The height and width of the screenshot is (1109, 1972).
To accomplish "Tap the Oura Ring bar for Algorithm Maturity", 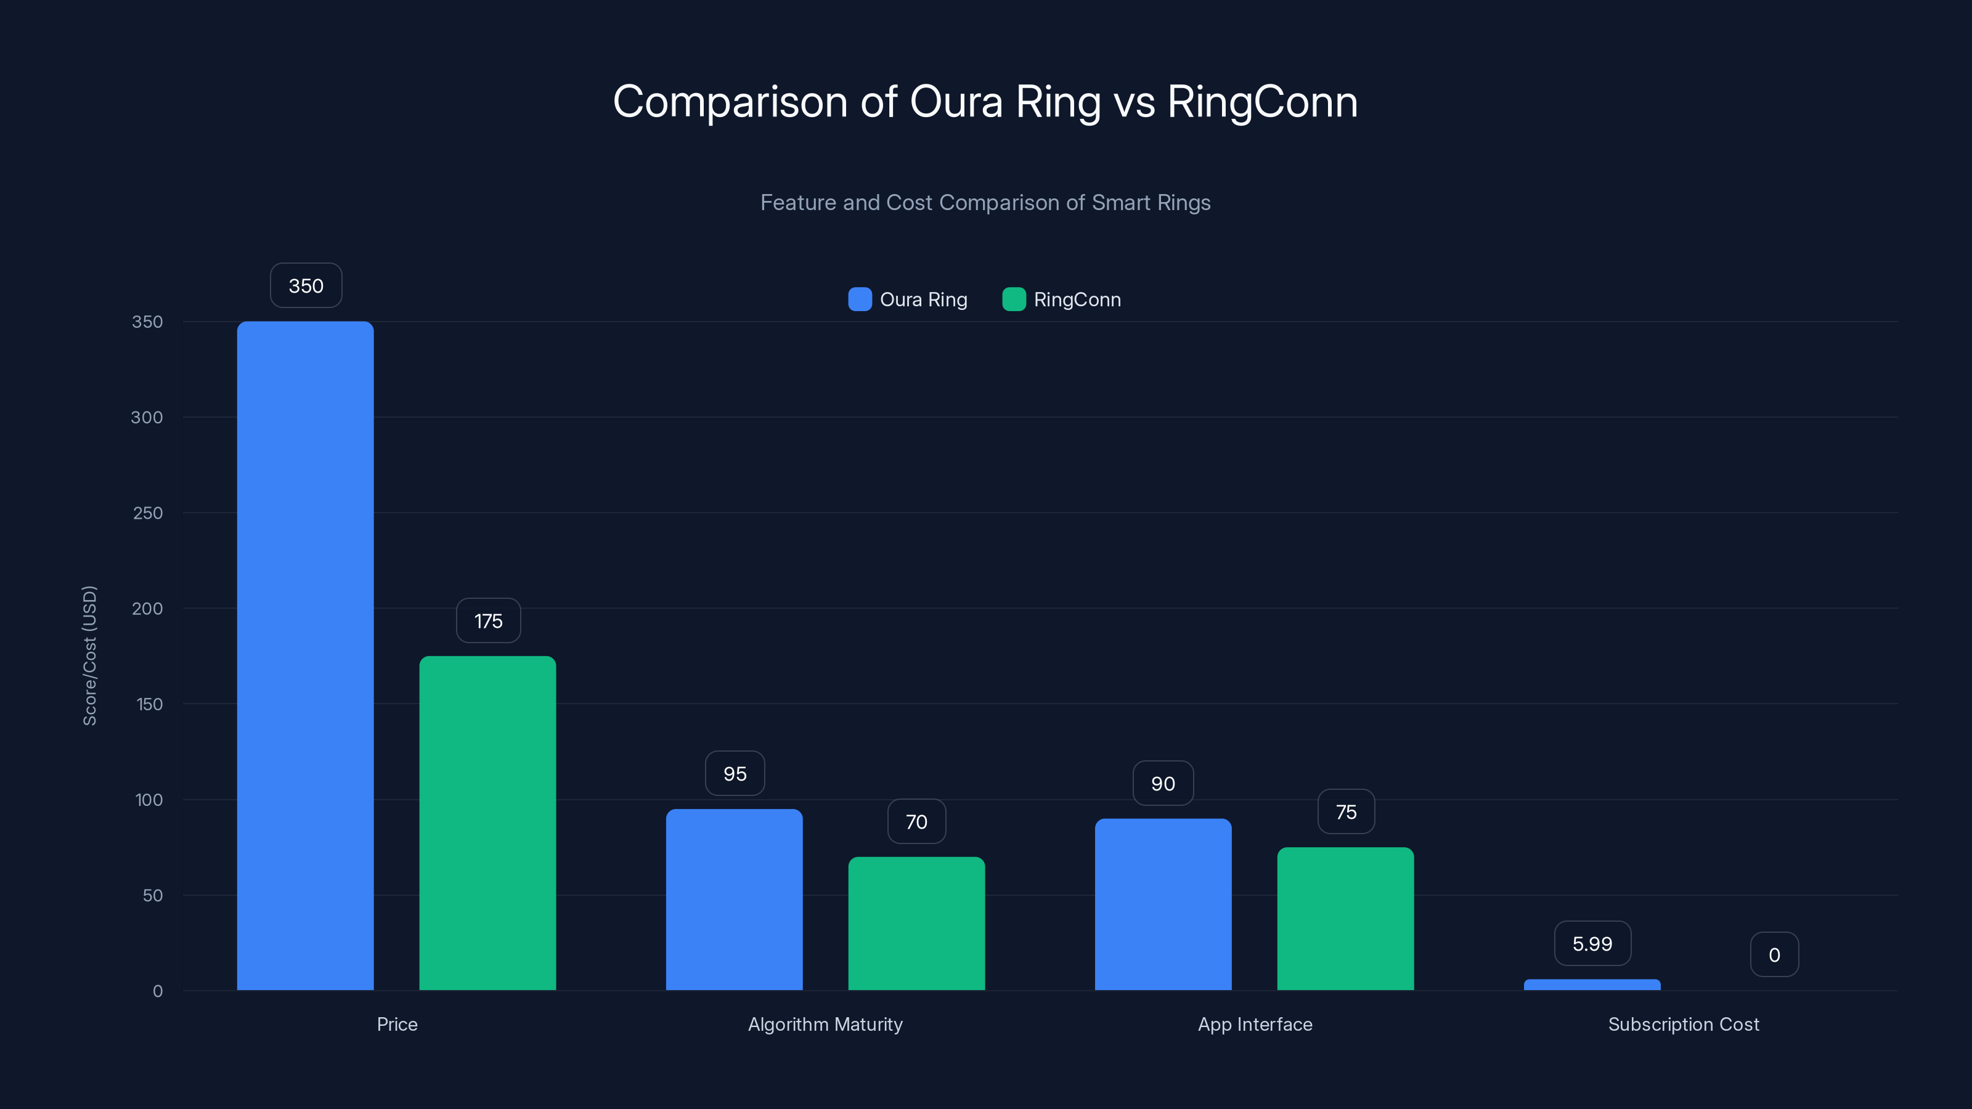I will pos(734,900).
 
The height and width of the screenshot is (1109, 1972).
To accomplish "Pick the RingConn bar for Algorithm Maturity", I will pos(916,923).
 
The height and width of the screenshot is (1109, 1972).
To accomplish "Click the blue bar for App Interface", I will pos(1163,904).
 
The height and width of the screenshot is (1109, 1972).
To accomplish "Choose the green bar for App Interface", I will pos(1345,919).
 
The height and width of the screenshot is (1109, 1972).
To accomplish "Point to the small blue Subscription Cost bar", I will pos(1592,985).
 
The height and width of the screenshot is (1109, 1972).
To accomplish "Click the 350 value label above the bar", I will pos(306,285).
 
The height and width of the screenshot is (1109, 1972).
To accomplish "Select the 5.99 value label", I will pos(1592,944).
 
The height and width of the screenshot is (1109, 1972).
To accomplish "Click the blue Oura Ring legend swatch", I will pos(860,299).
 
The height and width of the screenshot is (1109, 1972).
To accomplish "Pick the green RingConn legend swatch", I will pos(1014,299).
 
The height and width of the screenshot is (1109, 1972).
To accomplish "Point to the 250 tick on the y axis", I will pos(148,513).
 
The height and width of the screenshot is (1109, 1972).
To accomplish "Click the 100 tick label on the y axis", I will pos(149,800).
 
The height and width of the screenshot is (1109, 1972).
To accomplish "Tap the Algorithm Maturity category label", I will pos(825,1024).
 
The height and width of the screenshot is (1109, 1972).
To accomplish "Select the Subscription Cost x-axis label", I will pos(1684,1024).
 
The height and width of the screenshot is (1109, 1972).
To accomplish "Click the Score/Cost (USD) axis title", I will pos(89,655).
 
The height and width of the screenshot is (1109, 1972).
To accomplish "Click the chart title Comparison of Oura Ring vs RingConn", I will pos(985,102).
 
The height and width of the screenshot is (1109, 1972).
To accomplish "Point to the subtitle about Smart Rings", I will pos(985,202).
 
